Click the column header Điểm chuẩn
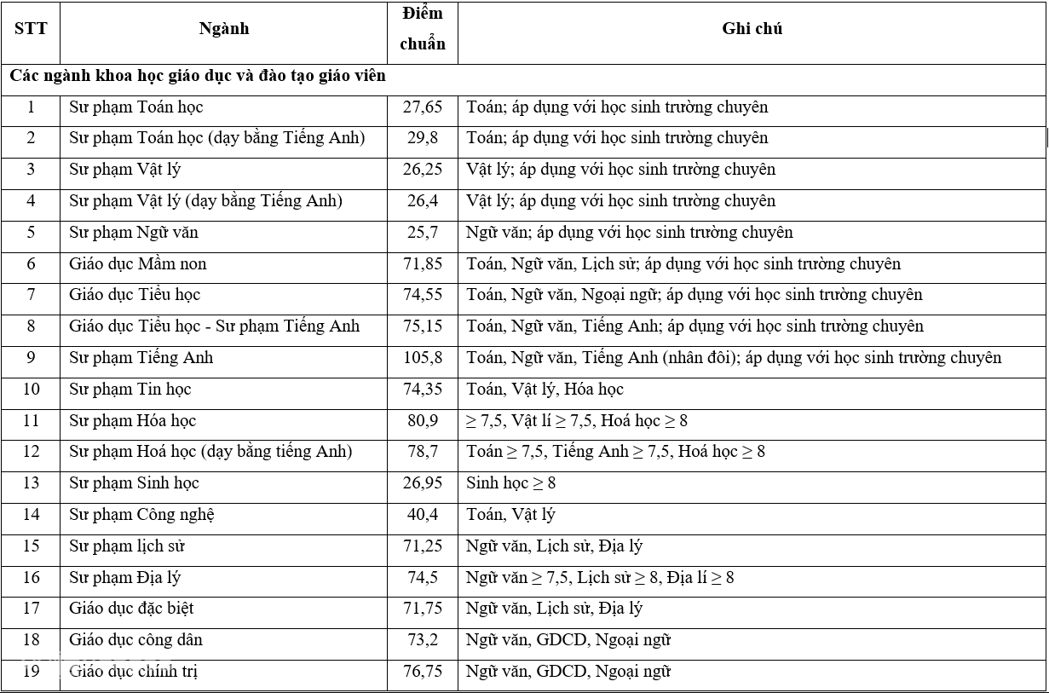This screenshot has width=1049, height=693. pos(423,29)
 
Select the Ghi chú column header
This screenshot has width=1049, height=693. pos(752,29)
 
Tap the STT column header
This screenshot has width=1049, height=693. pos(31,29)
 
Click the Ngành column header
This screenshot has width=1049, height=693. pos(223,29)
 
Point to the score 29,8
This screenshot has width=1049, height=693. pos(423,138)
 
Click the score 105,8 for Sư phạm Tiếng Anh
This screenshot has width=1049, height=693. pos(423,358)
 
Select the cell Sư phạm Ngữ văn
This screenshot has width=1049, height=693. pos(134,233)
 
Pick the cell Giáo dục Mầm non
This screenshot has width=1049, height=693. pos(138,264)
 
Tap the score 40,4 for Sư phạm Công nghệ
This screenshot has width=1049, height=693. pos(423,515)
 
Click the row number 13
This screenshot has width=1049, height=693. pos(31,483)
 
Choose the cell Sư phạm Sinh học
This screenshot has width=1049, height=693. pos(134,483)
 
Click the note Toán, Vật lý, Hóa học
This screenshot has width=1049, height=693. pos(545,390)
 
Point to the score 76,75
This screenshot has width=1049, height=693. pos(423,672)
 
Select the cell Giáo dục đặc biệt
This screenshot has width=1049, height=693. pos(131,609)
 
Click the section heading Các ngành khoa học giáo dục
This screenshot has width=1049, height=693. pos(198,76)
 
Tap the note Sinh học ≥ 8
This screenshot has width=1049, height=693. pos(510,483)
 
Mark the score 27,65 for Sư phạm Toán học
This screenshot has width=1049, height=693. pos(423,107)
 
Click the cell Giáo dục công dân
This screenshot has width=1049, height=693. pos(135,640)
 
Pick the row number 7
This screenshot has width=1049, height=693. pos(31,295)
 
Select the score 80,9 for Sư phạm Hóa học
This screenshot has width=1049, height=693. pos(423,421)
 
